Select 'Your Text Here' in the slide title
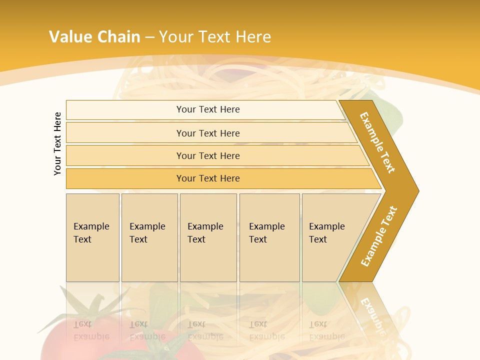point(215,36)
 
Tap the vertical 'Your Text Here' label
point(57,144)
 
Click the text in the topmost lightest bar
point(208,109)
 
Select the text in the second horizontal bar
point(208,133)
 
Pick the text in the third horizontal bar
point(208,156)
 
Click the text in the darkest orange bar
point(208,178)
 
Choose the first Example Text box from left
point(91,233)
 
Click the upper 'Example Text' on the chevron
point(377,142)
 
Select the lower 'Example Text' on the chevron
point(379,236)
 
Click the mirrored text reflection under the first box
point(91,330)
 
